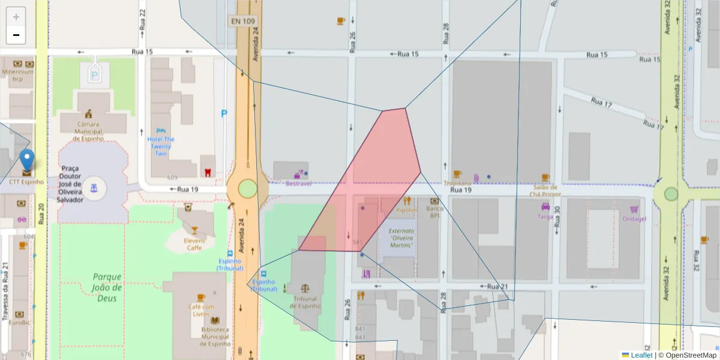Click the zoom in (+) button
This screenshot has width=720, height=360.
[16, 17]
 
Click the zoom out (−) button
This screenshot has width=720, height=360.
[16, 35]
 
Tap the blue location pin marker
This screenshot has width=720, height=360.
[27, 161]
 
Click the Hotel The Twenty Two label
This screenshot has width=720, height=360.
[160, 146]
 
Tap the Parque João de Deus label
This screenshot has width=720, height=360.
[107, 287]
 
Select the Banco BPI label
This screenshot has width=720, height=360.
[434, 212]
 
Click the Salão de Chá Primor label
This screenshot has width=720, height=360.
[545, 191]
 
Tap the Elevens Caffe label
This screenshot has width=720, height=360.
[193, 244]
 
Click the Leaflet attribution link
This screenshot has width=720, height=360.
[641, 355]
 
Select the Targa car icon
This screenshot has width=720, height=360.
[545, 206]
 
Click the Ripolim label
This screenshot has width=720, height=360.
[406, 211]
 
